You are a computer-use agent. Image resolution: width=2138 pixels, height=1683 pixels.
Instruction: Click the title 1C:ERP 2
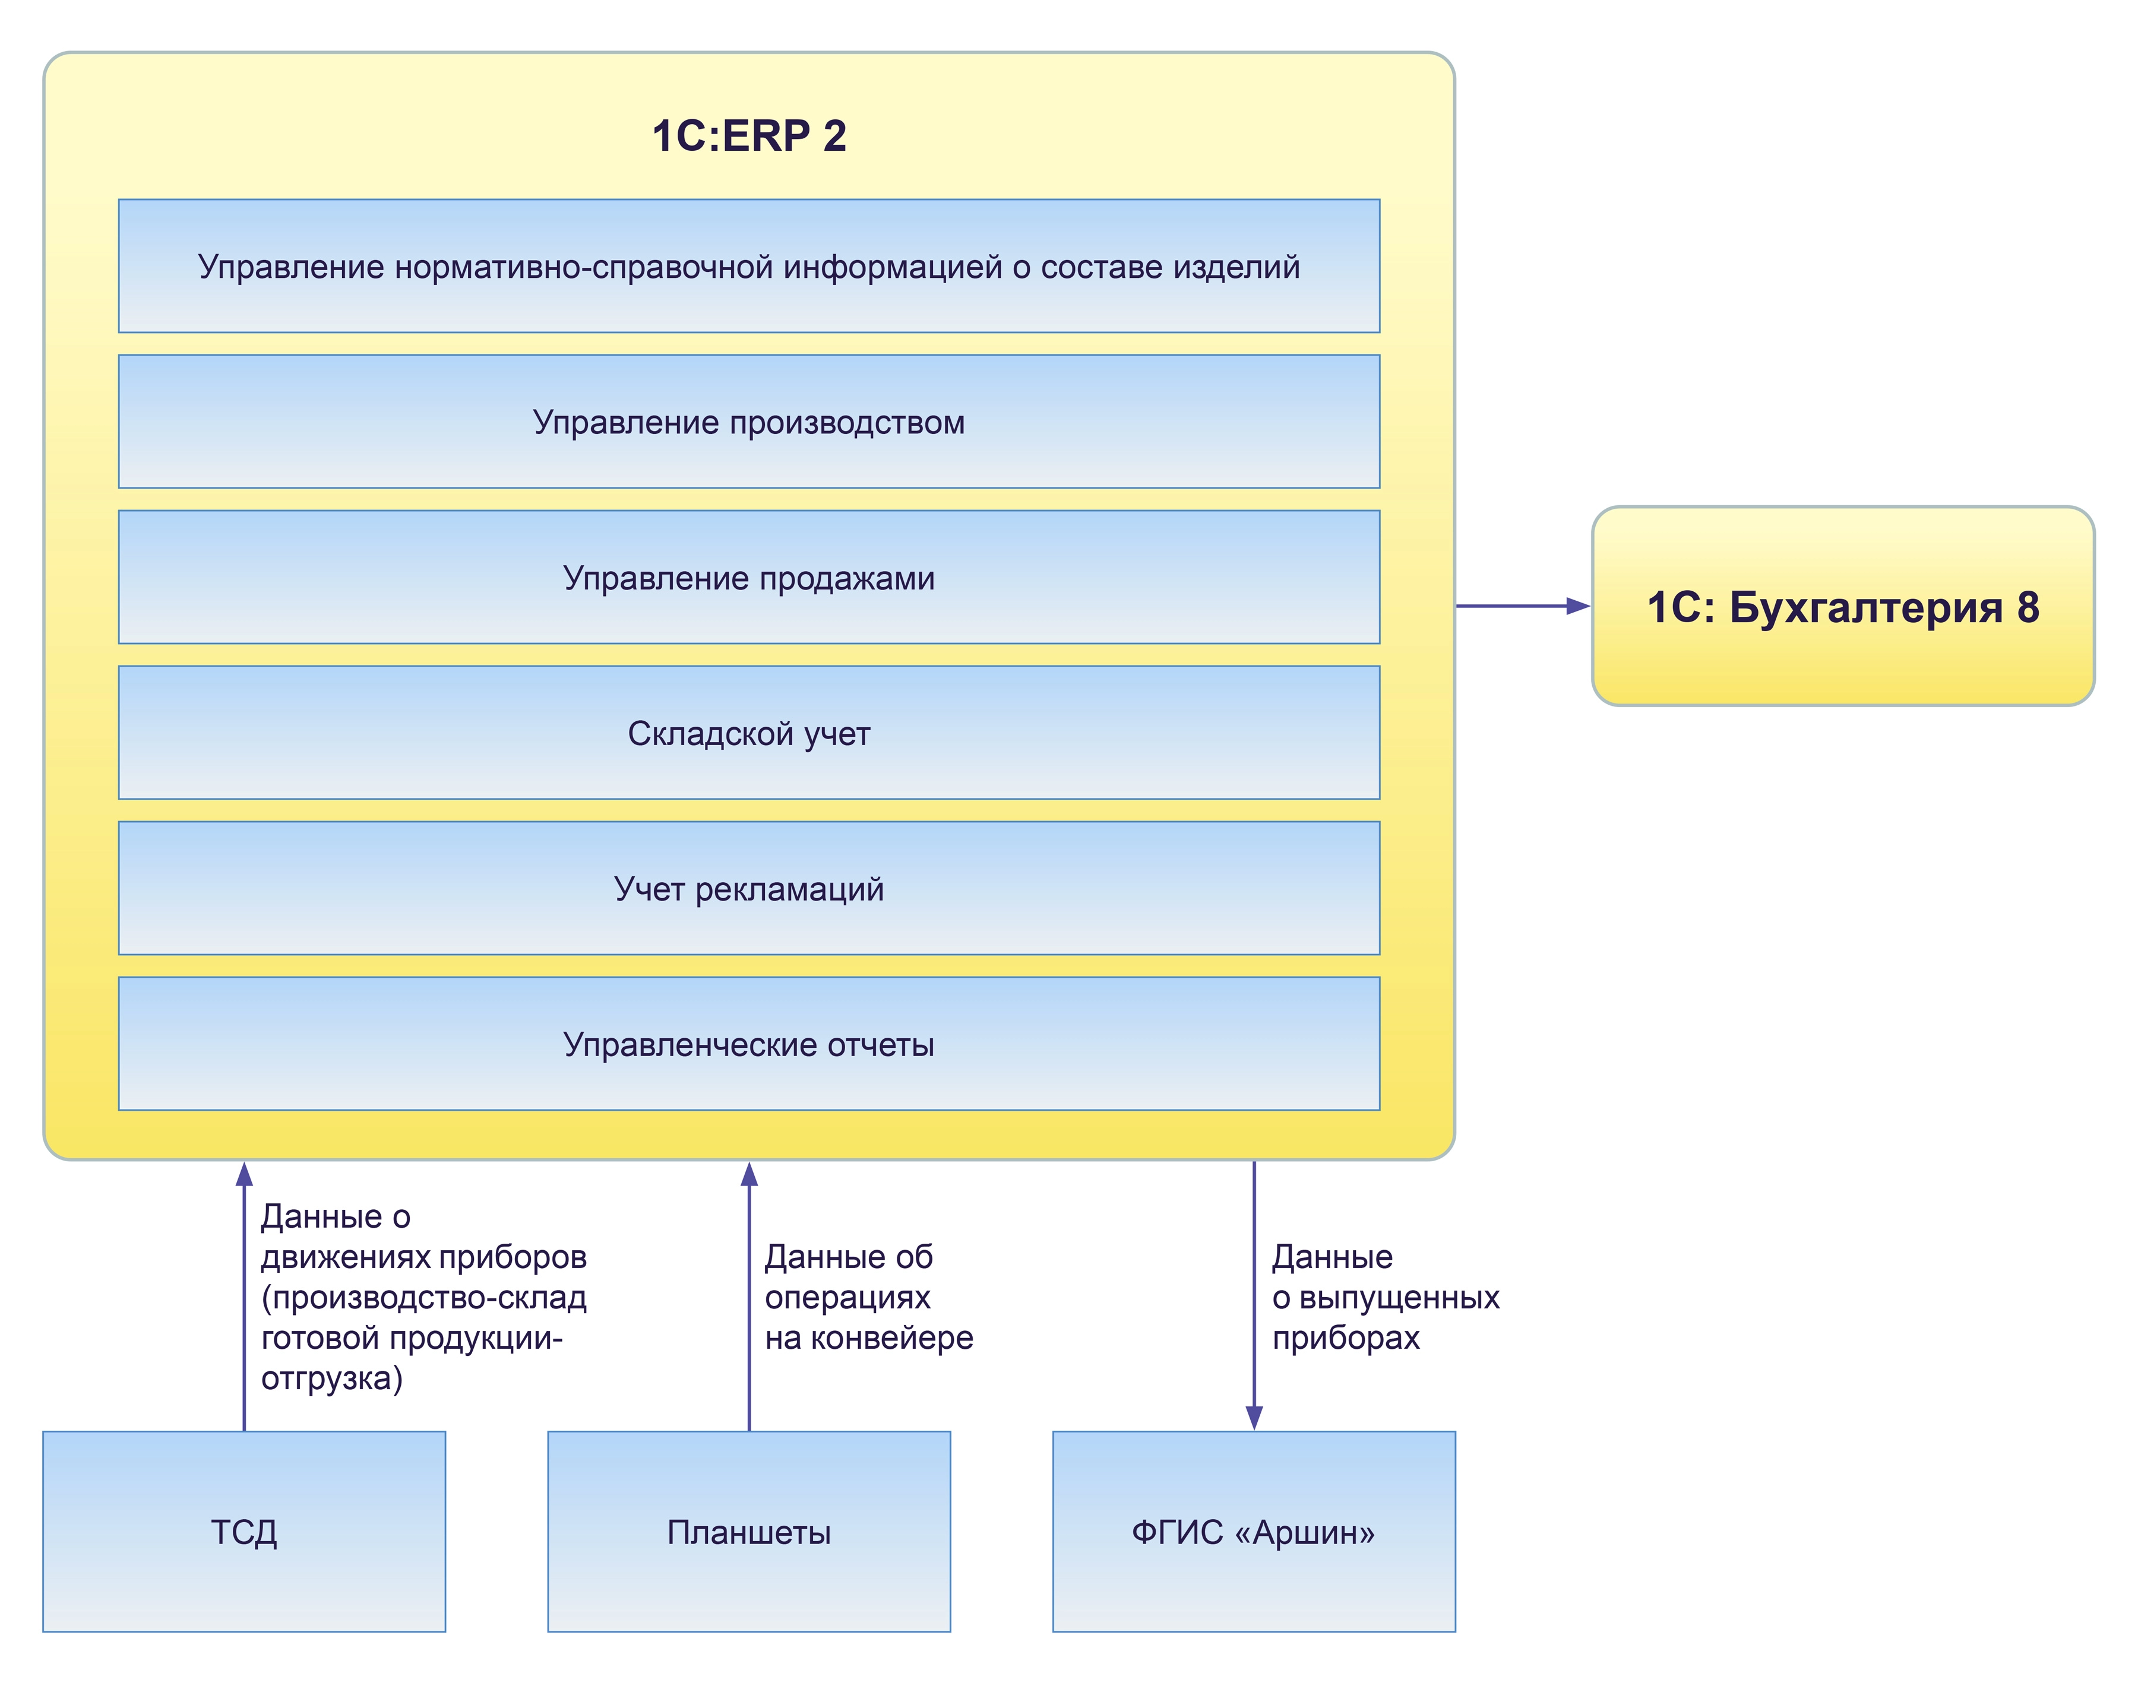[748, 136]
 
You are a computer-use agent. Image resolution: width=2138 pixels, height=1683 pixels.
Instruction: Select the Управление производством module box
[748, 421]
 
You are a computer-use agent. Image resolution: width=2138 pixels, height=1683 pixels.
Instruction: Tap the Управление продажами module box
[748, 578]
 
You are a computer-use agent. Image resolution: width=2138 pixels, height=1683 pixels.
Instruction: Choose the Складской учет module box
[748, 733]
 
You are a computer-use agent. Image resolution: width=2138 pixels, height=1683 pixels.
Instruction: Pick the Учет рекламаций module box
[748, 889]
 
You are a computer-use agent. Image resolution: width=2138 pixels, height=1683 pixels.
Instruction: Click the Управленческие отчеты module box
[748, 1044]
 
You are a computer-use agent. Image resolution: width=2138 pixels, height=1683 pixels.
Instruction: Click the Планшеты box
[748, 1532]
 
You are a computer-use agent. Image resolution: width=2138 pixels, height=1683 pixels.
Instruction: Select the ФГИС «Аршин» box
[1253, 1532]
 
